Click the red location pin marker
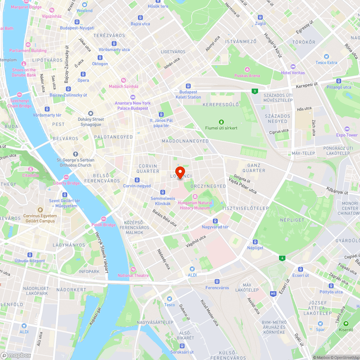[180, 171]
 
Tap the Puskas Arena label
[247, 76]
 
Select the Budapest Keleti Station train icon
[188, 86]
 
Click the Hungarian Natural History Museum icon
[195, 196]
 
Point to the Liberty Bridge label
[66, 183]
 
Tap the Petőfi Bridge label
[104, 225]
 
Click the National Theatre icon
[133, 269]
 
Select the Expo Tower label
[347, 135]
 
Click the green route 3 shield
[255, 91]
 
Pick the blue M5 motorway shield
[273, 294]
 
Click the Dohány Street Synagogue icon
[91, 113]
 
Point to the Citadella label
[31, 175]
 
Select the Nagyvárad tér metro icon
[215, 221]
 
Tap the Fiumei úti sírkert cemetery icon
[221, 122]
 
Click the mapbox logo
[16, 355]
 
